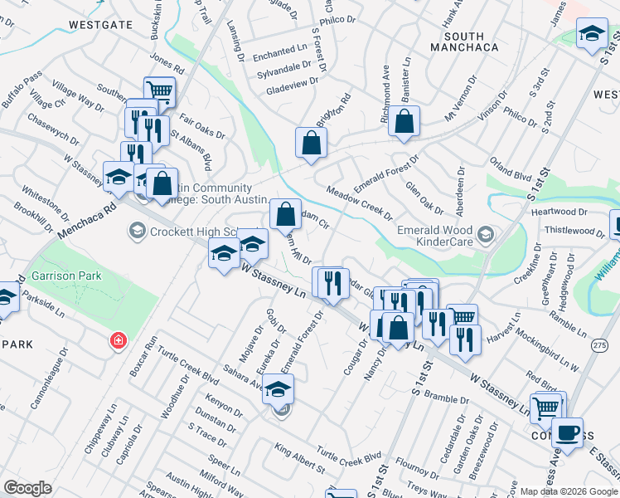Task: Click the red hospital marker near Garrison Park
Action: coord(119,340)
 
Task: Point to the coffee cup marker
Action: coord(567,432)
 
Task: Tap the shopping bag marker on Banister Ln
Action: coord(404,121)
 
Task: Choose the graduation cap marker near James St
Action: coord(591,34)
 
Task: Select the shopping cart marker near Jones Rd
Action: coord(158,91)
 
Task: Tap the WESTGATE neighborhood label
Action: coord(100,25)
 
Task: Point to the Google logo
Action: coord(28,487)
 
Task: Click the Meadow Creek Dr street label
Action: coord(359,203)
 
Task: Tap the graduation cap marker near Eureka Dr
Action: coord(279,388)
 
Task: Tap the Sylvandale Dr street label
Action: coord(283,67)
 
